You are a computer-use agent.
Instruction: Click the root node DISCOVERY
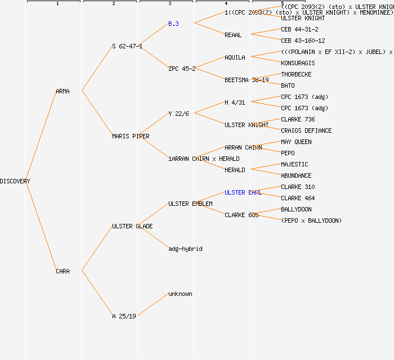click(15, 181)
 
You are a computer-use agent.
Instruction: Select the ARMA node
click(62, 91)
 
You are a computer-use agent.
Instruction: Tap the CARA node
click(62, 271)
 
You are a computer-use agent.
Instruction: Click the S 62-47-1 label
click(127, 46)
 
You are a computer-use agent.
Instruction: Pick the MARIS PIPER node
click(131, 136)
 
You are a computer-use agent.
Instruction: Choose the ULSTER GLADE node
click(132, 226)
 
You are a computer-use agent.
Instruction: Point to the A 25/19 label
click(124, 316)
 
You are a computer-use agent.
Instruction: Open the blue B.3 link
click(173, 24)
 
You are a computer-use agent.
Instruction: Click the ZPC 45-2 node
click(182, 69)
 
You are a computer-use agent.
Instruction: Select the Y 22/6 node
click(178, 114)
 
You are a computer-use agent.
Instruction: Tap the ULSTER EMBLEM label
click(190, 204)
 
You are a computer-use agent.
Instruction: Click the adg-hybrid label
click(185, 249)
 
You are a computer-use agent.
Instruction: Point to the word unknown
click(180, 294)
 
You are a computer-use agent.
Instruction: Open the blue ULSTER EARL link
click(243, 192)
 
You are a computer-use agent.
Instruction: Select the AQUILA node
click(235, 57)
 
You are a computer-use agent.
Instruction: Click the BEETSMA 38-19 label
click(247, 80)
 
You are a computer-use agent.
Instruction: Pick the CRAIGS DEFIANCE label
click(306, 130)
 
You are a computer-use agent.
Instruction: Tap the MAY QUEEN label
click(296, 142)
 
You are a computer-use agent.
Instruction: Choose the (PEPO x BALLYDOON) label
click(311, 220)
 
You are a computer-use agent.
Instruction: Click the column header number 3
click(169, 4)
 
